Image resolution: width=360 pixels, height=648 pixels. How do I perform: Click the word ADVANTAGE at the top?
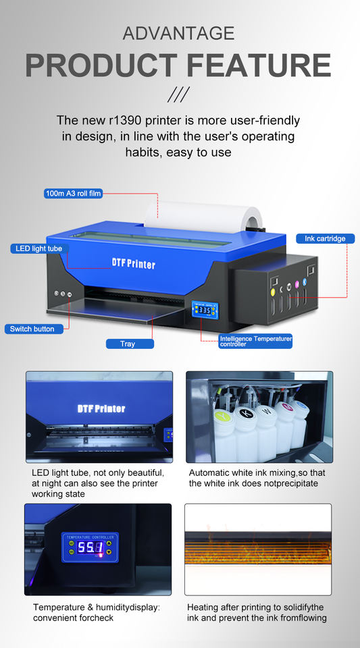click(x=178, y=33)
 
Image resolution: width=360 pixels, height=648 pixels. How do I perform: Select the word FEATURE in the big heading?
click(x=259, y=65)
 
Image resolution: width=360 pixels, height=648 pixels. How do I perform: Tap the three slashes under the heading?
click(x=178, y=94)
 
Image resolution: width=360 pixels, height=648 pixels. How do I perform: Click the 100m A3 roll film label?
click(x=73, y=193)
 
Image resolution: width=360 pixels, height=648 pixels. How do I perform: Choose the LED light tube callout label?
click(x=39, y=248)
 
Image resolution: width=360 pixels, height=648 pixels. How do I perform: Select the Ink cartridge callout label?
click(x=325, y=238)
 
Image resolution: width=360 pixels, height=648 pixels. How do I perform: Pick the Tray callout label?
click(x=128, y=344)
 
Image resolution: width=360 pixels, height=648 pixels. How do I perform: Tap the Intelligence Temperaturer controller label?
click(x=255, y=341)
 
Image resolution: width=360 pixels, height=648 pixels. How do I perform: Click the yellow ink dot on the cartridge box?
click(x=272, y=292)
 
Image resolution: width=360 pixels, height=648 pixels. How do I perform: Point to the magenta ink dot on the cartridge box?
click(x=297, y=284)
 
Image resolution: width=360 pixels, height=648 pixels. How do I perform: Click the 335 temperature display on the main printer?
click(x=204, y=310)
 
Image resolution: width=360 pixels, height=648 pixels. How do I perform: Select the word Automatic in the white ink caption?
click(x=208, y=473)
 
